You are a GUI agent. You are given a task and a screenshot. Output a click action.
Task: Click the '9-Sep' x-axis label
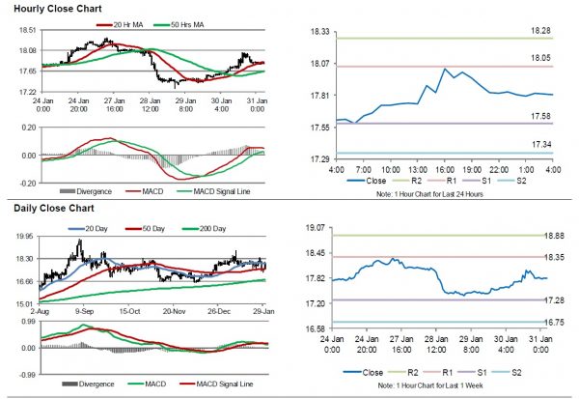coord(80,312)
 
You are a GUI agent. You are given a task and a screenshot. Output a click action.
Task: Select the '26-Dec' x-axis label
coord(220,312)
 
